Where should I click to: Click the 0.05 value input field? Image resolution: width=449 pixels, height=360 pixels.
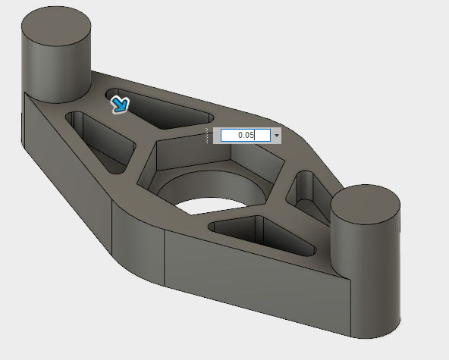(245, 135)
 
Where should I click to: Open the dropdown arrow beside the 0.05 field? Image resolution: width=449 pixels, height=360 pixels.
(277, 135)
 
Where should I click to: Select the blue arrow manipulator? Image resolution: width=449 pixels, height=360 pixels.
(119, 104)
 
